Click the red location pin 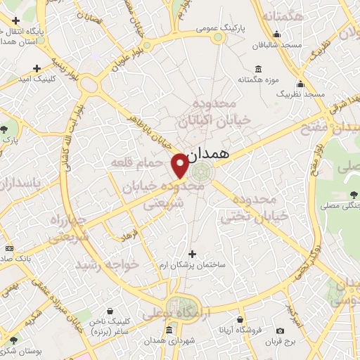click(180, 165)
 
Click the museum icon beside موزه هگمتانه click(259, 69)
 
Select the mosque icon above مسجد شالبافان click(276, 33)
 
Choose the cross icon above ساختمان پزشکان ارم click(193, 253)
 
